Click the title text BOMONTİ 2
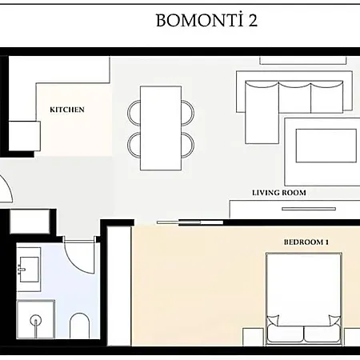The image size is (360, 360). [206, 20]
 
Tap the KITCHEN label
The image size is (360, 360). [67, 110]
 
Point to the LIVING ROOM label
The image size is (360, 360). [279, 193]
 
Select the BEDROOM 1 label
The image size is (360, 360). [306, 242]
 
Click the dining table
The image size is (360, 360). [161, 128]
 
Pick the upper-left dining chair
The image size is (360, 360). [134, 113]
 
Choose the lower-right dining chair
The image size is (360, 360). [188, 145]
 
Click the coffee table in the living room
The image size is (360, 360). [326, 146]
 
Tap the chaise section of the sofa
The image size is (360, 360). [262, 113]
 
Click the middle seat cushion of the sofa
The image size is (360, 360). [294, 98]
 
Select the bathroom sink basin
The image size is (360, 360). [29, 269]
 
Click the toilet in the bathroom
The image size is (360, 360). [79, 326]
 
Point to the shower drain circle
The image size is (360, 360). [36, 320]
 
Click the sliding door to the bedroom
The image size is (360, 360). [190, 222]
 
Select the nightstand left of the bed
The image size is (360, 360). [253, 337]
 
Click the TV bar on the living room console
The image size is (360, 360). [309, 209]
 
